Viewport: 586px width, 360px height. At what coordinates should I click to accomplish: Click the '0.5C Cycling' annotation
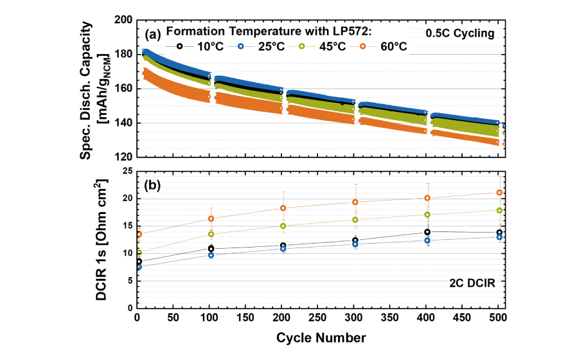[460, 33]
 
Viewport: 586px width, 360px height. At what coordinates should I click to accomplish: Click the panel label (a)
[153, 33]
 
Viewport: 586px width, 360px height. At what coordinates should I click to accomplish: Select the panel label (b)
[153, 186]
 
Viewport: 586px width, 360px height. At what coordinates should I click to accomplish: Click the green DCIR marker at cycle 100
[211, 234]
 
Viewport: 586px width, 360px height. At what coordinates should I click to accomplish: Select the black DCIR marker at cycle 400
[427, 232]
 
